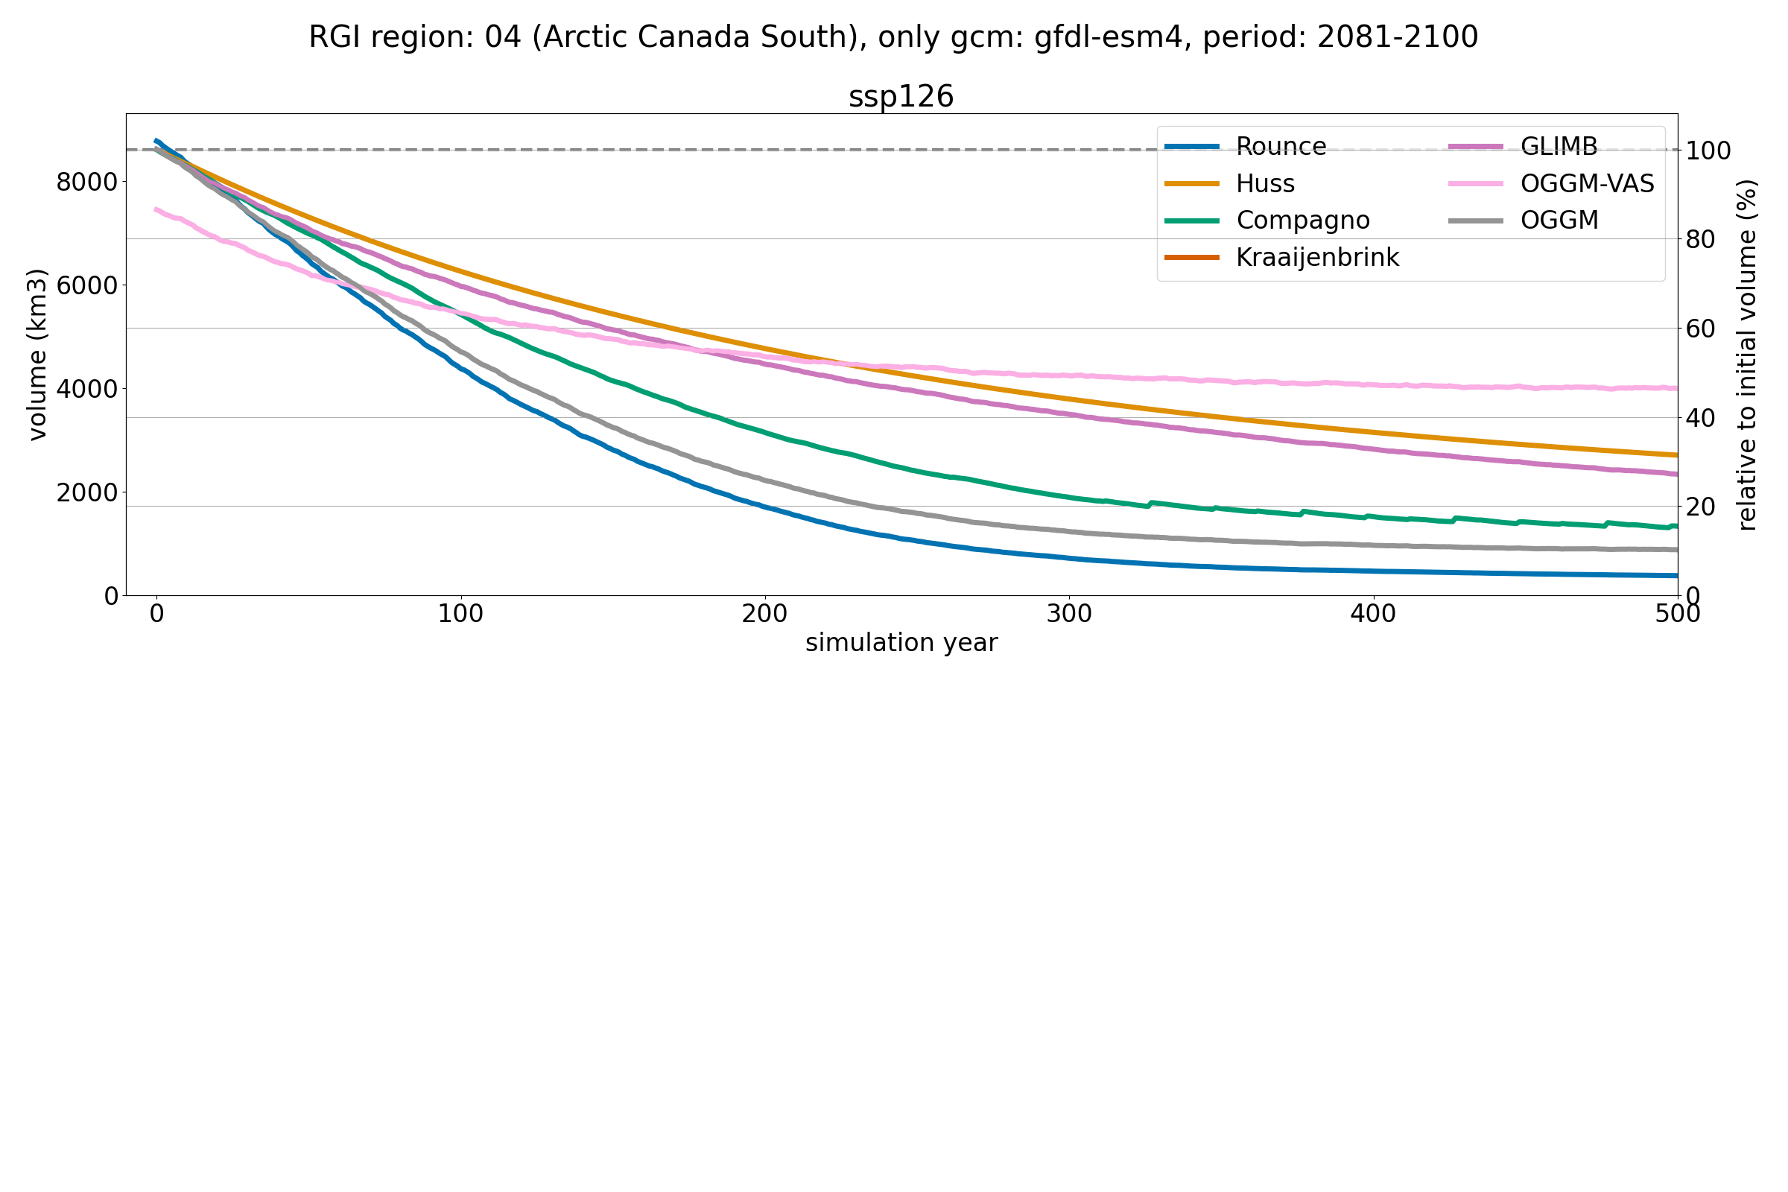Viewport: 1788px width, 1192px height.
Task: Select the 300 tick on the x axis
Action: click(x=1069, y=614)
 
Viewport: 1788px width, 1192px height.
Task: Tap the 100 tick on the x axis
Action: click(x=460, y=614)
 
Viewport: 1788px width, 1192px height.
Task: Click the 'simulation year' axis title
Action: click(x=901, y=643)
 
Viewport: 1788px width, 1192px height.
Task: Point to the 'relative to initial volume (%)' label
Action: click(x=1748, y=355)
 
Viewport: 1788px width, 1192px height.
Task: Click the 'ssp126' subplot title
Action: click(x=901, y=98)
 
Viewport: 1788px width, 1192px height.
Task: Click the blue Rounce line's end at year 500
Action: click(x=1676, y=575)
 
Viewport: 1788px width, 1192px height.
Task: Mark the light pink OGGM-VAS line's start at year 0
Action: click(x=156, y=209)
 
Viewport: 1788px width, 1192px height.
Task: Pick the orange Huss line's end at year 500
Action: click(x=1676, y=454)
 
